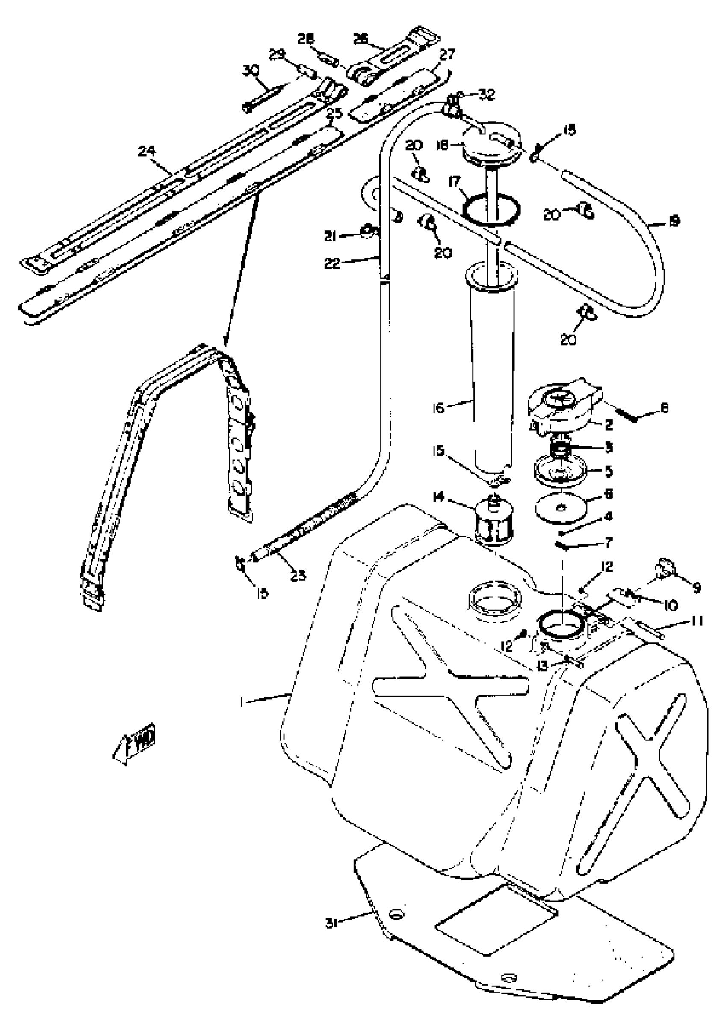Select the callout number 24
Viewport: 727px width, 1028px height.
click(146, 152)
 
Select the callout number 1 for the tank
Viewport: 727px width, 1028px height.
click(242, 702)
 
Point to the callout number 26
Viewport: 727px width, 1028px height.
click(361, 39)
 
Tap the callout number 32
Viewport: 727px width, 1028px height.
click(487, 95)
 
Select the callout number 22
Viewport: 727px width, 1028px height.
click(332, 263)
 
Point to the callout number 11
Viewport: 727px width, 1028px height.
click(696, 621)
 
